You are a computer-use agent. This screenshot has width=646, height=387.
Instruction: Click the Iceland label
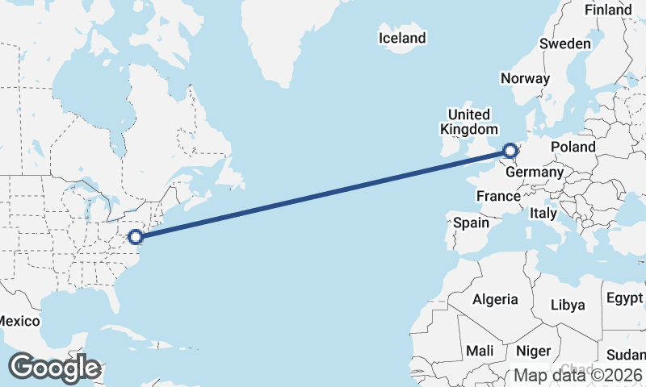point(402,38)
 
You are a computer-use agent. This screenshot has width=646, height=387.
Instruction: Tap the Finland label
point(608,10)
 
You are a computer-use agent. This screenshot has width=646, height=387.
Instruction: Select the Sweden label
point(565,44)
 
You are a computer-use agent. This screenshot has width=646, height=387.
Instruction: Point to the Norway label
point(525,78)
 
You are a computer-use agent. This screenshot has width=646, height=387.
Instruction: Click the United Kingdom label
point(468,122)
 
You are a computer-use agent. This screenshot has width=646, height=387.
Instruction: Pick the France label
point(498,196)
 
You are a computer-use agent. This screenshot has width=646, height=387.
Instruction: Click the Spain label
point(472,222)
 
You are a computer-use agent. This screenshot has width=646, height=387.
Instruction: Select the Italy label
point(543,214)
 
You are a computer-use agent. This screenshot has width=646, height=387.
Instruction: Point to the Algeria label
point(495,299)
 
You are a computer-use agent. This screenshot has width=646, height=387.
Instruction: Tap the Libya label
point(567,306)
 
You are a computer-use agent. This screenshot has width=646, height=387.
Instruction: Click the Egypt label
point(624,298)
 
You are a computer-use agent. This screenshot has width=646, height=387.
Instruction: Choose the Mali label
point(480,352)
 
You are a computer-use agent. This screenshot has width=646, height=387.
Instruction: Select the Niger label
point(532,352)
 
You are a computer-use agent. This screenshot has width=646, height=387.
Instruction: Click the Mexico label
point(18,321)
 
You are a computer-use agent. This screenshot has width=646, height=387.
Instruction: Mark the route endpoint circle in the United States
point(136,236)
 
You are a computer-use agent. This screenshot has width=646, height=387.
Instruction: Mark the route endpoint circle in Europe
point(510,149)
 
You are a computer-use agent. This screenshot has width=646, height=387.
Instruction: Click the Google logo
point(53,368)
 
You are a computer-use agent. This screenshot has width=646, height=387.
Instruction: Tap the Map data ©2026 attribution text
point(578,375)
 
